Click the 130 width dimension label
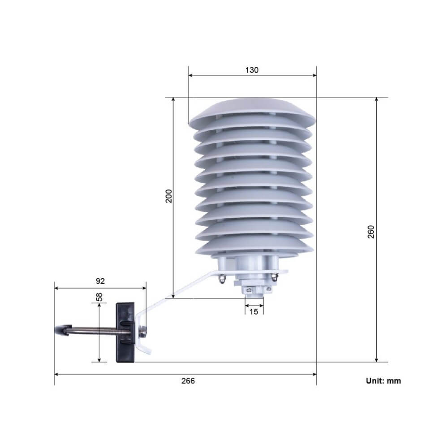click(252, 70)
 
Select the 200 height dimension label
click(169, 196)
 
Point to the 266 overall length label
click(188, 381)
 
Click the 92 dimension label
click(100, 281)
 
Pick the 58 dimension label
click(99, 297)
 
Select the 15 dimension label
click(254, 312)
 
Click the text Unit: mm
click(383, 381)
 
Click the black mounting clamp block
click(125, 332)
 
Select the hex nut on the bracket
click(142, 332)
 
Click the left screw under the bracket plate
click(221, 280)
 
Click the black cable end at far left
click(61, 330)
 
